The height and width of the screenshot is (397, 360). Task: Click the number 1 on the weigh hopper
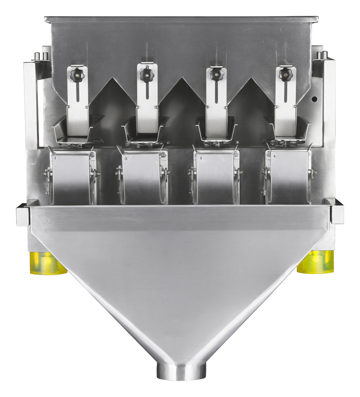coord(56,157)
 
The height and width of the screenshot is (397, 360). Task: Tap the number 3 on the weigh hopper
coord(200,157)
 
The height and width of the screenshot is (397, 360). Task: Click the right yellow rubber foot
coord(315,262)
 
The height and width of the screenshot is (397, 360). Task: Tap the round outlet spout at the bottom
coord(182,371)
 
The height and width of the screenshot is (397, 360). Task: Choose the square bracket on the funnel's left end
coord(23,215)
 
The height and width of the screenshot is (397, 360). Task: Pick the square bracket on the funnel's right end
coord(336,211)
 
